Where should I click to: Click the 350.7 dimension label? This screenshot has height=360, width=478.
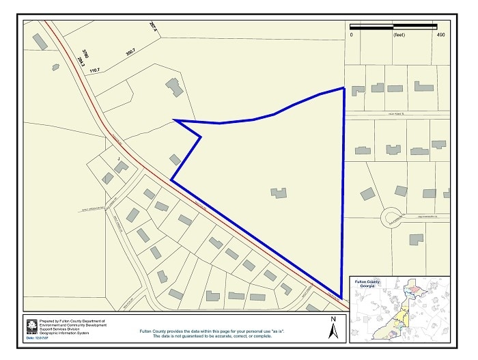tap(130, 53)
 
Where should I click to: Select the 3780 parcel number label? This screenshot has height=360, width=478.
tap(85, 53)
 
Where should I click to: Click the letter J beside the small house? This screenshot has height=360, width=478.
tap(119, 158)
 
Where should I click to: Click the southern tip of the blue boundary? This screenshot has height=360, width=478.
tap(341, 296)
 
